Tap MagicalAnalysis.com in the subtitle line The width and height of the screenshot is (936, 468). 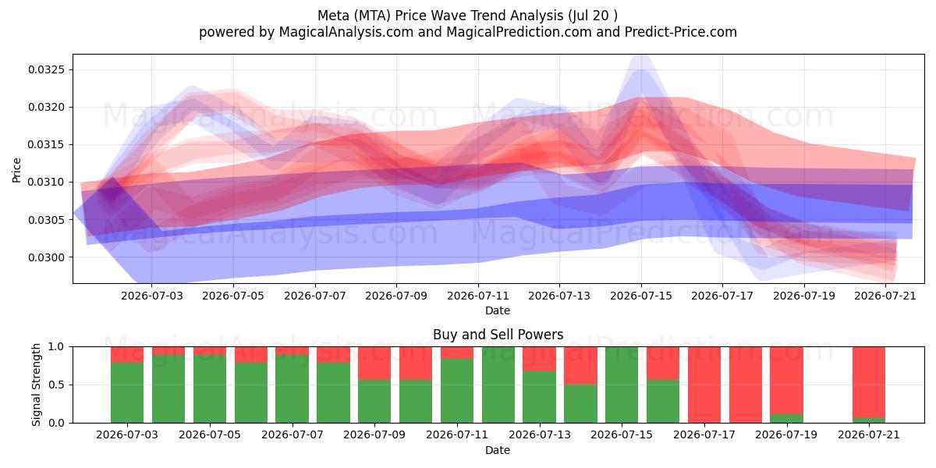(x=346, y=32)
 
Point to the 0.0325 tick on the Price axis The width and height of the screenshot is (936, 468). (x=46, y=69)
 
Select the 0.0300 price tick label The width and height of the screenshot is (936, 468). (x=46, y=257)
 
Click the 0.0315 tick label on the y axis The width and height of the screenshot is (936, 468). (x=46, y=144)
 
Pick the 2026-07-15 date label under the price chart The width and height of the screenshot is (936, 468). (x=641, y=296)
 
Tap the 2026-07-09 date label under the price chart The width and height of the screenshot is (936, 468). (x=396, y=296)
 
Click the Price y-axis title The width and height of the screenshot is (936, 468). (x=16, y=170)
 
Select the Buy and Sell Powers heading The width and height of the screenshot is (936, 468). (x=498, y=335)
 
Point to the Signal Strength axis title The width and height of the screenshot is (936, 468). (x=36, y=385)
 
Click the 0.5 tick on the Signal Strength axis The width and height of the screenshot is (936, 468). (x=56, y=385)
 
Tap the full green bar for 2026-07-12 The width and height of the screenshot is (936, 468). (x=498, y=385)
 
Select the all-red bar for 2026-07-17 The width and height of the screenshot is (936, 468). (x=704, y=385)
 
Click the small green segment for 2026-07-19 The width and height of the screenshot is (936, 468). (x=787, y=418)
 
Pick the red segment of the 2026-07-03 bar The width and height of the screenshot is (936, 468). (x=127, y=355)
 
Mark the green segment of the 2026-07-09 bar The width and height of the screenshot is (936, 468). (x=374, y=401)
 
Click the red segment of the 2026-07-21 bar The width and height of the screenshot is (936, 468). (x=869, y=382)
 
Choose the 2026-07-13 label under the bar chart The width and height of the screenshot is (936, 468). (x=540, y=434)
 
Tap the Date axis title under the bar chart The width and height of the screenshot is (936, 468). (x=498, y=450)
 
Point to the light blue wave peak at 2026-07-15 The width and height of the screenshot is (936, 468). (x=641, y=58)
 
